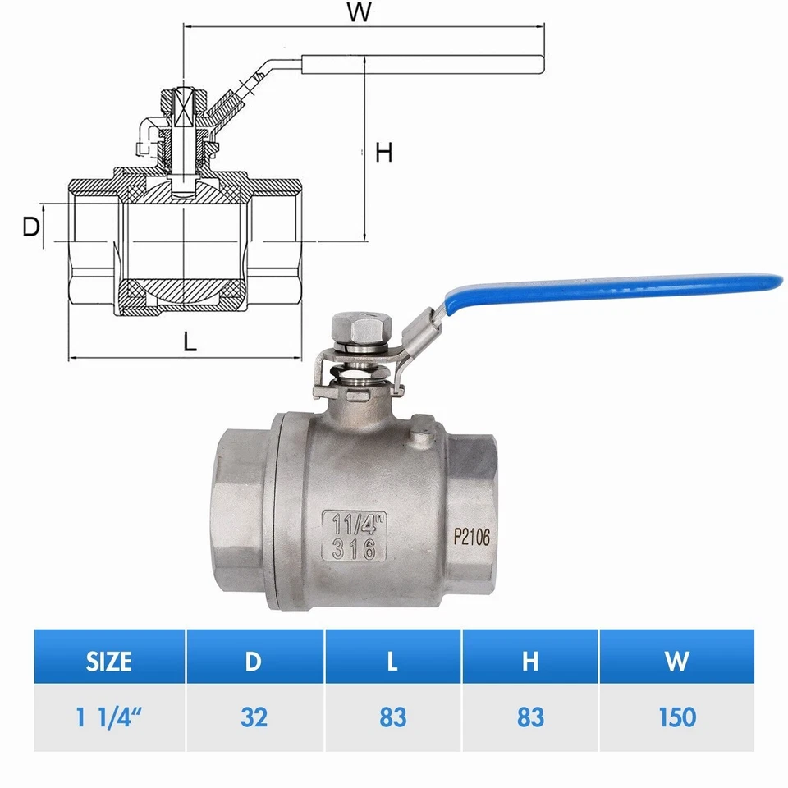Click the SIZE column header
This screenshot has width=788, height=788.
[109, 661]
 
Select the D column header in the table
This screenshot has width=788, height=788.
[254, 661]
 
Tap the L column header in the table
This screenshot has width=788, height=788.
[392, 661]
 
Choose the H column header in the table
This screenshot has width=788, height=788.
[530, 661]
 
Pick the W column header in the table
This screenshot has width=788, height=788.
[676, 661]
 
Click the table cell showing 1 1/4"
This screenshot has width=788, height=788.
[109, 717]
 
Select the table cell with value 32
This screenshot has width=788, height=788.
[254, 717]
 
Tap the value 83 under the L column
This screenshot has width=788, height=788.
[392, 717]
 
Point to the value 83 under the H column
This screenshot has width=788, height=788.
[530, 717]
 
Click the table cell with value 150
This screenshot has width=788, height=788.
[676, 717]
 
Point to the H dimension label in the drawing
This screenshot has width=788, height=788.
[384, 153]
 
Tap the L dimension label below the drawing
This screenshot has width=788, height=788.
[190, 342]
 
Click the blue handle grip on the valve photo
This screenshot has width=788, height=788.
[624, 287]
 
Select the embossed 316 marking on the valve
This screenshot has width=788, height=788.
[355, 549]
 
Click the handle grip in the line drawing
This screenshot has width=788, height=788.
[423, 64]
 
